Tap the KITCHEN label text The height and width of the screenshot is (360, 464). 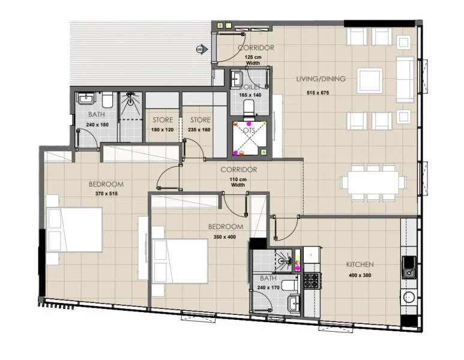tap(360, 265)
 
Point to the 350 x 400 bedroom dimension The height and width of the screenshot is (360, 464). tap(226, 237)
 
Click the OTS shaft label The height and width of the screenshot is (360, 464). tap(249, 130)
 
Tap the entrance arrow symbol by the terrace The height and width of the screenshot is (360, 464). tap(202, 49)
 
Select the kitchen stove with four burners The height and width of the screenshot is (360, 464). tap(312, 280)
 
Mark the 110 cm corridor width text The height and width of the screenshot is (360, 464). tap(238, 182)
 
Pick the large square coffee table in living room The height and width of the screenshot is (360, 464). tap(369, 79)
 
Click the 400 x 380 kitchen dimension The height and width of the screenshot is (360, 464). tap(360, 276)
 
